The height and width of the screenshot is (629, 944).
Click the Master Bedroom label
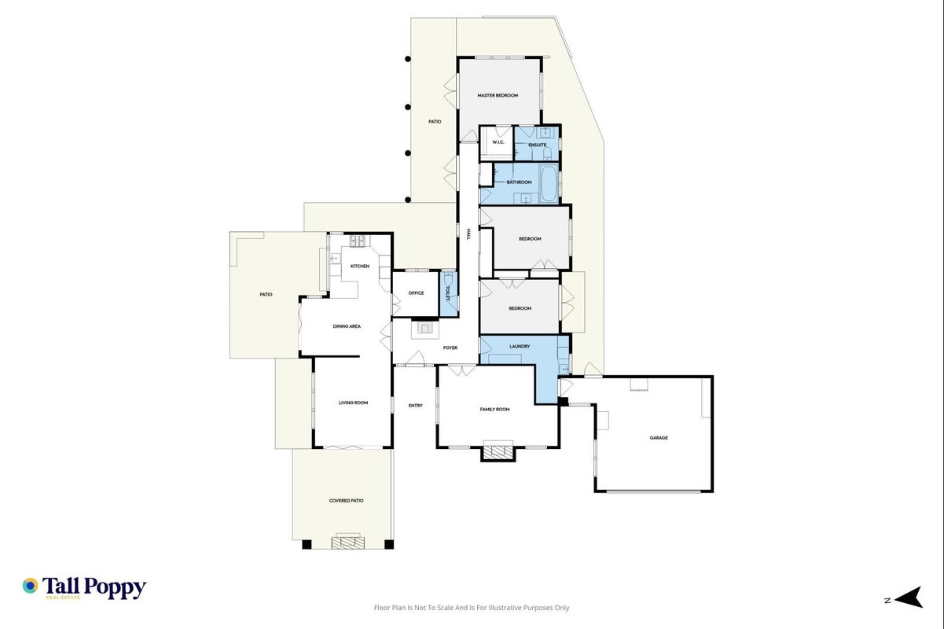[498, 96]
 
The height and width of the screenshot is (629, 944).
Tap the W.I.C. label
[498, 142]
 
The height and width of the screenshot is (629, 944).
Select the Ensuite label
[538, 145]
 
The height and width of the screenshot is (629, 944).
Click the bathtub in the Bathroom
[549, 184]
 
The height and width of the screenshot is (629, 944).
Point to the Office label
[416, 293]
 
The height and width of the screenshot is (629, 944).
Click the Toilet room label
[448, 293]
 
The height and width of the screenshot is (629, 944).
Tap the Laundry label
[520, 347]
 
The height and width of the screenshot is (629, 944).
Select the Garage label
[659, 438]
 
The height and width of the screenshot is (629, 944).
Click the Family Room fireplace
[498, 451]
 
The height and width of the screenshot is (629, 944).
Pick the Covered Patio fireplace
[347, 541]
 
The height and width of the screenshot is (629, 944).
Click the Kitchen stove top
[358, 241]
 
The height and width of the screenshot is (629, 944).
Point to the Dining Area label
[347, 326]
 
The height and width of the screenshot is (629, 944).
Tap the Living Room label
[353, 403]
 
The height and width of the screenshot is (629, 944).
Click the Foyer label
[450, 348]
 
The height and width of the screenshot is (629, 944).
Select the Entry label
[416, 406]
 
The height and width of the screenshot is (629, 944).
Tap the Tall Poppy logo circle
[30, 586]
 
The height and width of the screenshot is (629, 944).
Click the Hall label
[468, 234]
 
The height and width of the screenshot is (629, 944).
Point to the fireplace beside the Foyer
[425, 329]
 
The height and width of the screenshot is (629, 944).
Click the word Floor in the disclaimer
[381, 608]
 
